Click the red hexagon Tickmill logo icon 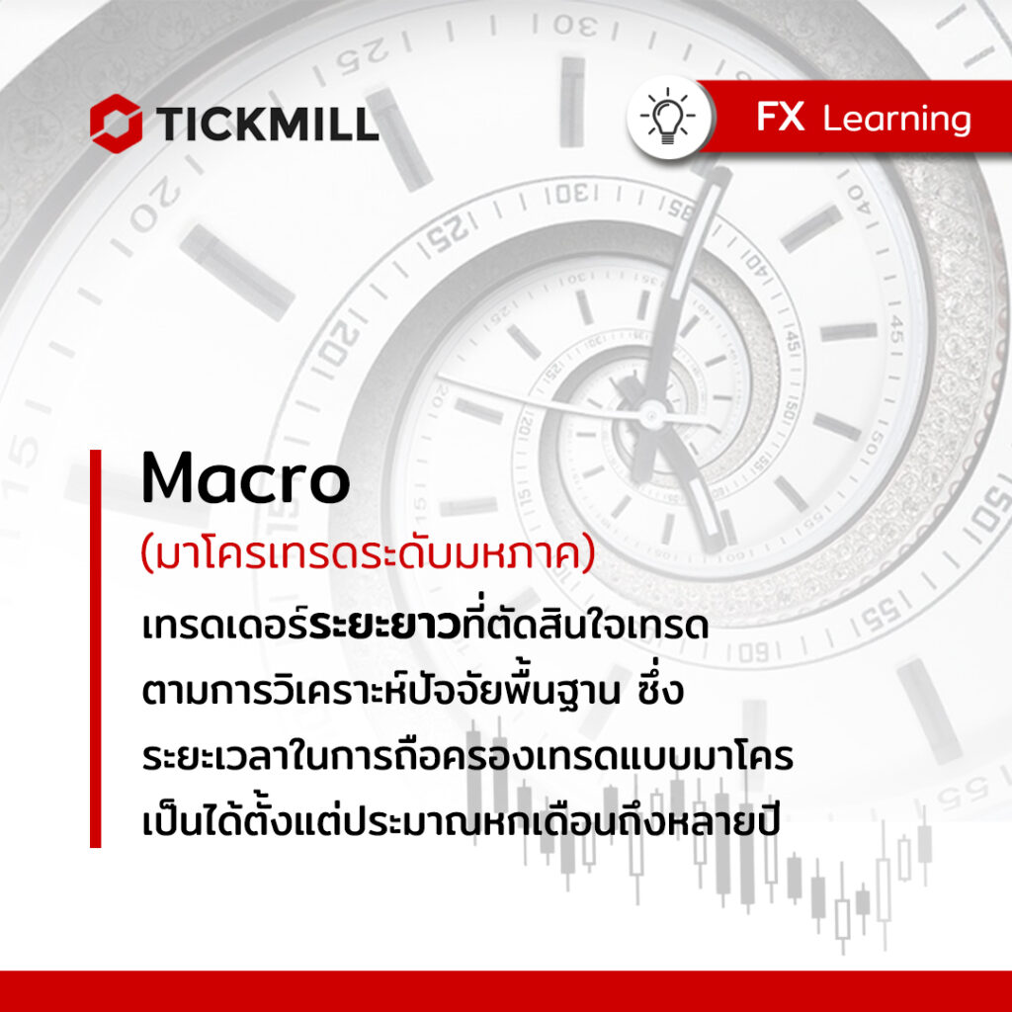tap(117, 124)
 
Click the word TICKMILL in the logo tap(267, 124)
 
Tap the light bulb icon tap(667, 117)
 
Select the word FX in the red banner tap(781, 117)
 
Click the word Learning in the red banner tap(897, 120)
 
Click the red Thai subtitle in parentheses tap(368, 555)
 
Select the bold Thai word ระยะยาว tap(384, 627)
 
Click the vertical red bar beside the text tap(96, 648)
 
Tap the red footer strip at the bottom tap(506, 990)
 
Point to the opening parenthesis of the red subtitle tap(146, 556)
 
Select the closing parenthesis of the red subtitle tap(588, 556)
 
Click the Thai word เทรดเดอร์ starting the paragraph tap(225, 626)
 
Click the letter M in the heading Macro tap(169, 478)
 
